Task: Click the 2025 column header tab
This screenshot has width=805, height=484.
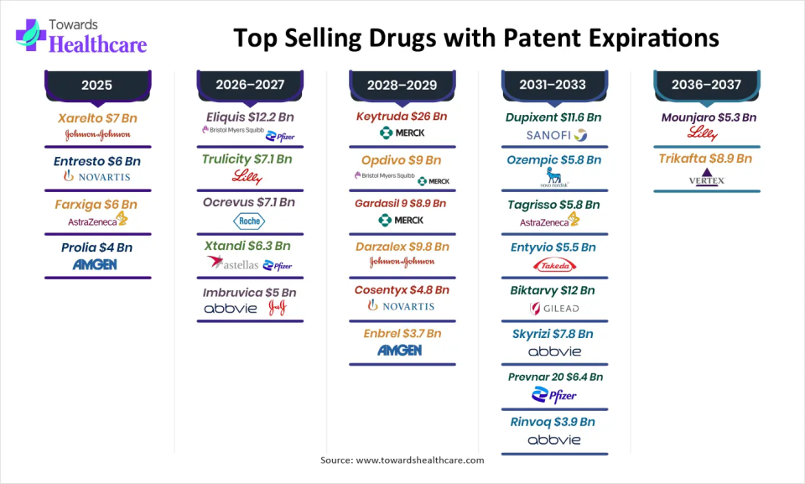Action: pyautogui.click(x=96, y=85)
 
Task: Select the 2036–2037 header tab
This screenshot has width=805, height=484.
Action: pyautogui.click(x=706, y=85)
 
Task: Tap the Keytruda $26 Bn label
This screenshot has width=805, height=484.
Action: pyautogui.click(x=402, y=117)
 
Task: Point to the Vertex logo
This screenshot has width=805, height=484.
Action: pyautogui.click(x=706, y=179)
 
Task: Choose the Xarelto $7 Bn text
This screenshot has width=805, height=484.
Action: pyautogui.click(x=97, y=118)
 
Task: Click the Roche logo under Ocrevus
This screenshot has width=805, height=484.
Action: pyautogui.click(x=249, y=221)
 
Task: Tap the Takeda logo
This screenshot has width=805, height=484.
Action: pyautogui.click(x=554, y=266)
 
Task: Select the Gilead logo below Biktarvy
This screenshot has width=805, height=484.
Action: pyautogui.click(x=554, y=309)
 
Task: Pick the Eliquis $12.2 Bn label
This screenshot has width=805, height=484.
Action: pyautogui.click(x=249, y=117)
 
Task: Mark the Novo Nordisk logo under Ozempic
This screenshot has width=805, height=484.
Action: pyautogui.click(x=554, y=178)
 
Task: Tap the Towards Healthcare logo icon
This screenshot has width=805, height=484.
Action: pyautogui.click(x=30, y=36)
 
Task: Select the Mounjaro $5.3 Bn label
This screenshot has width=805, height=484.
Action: pyautogui.click(x=706, y=117)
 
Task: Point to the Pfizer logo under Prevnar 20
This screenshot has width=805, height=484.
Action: pyautogui.click(x=554, y=395)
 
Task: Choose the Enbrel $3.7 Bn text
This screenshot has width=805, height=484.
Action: pyautogui.click(x=402, y=333)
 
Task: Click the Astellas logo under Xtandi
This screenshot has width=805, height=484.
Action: pyautogui.click(x=228, y=264)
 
